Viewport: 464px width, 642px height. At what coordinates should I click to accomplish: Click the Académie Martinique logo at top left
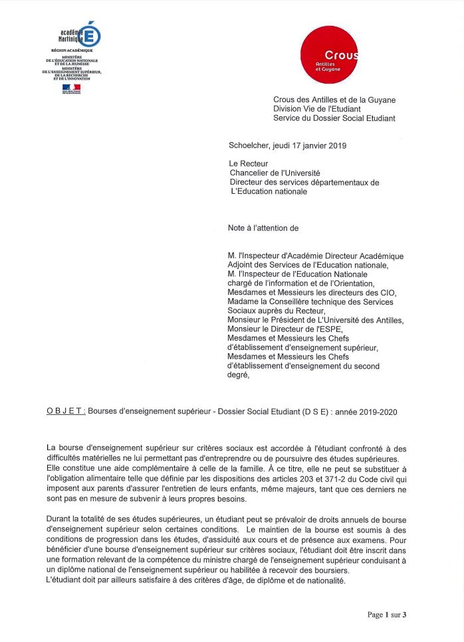(79, 34)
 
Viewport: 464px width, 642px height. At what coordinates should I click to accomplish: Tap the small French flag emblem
(71, 88)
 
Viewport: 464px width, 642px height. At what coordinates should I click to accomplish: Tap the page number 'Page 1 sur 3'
(386, 615)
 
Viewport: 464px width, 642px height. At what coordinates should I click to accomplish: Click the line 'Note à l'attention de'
(263, 228)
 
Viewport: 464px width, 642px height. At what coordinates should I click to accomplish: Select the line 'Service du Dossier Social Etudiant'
(334, 119)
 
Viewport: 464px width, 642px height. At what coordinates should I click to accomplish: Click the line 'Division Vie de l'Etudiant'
(320, 110)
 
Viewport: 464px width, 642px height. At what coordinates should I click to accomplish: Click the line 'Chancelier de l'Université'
(274, 173)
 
